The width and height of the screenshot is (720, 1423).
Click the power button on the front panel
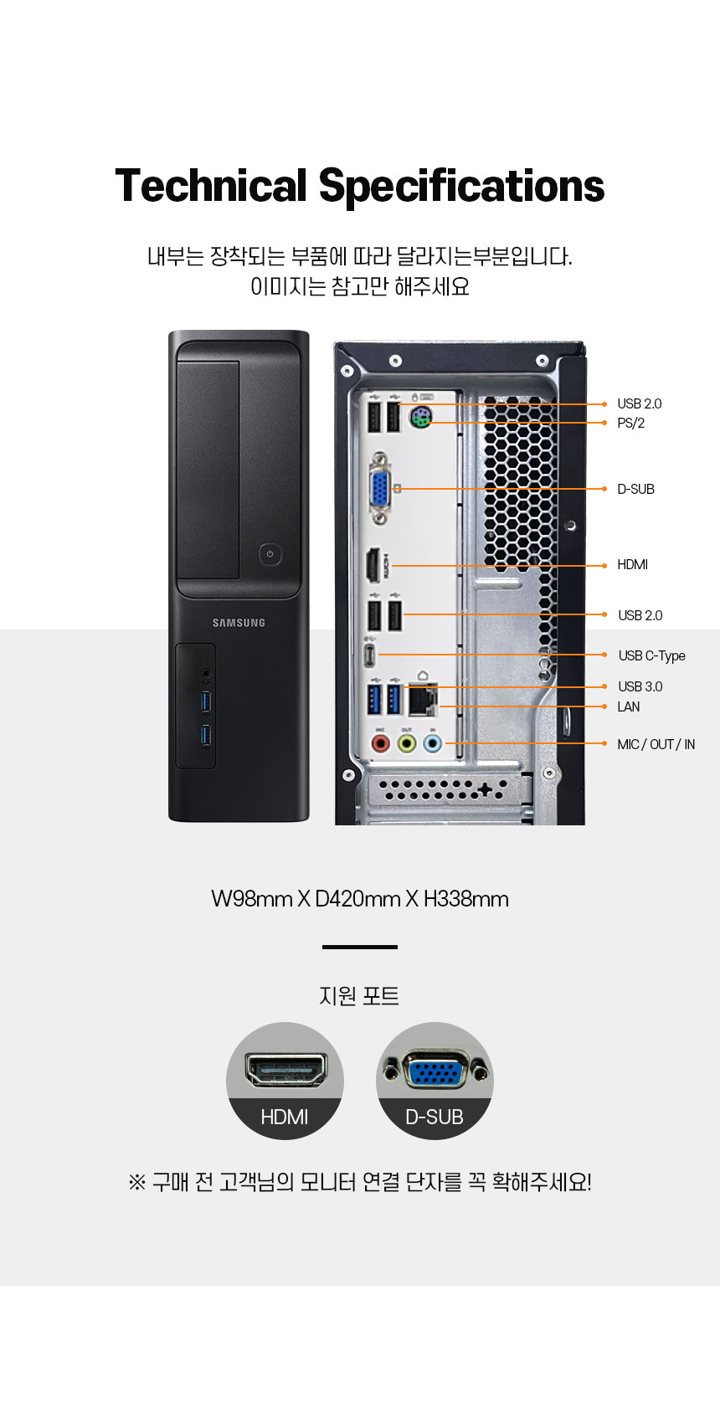270,554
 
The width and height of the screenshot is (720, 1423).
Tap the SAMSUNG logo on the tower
239,623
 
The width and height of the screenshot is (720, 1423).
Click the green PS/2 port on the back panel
420,418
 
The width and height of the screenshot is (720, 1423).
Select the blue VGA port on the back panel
380,489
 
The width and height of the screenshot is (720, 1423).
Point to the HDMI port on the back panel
373,565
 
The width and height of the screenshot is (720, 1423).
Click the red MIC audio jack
380,743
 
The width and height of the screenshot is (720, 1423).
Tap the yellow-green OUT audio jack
407,743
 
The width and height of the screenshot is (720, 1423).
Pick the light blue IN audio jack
433,743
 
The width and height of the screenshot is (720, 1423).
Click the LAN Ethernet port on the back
422,699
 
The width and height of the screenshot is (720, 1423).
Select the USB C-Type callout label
651,655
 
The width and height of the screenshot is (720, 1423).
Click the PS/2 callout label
630,423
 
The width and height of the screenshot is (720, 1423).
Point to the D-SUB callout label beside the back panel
635,489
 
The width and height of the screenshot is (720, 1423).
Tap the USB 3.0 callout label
640,686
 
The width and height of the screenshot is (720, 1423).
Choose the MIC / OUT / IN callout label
656,744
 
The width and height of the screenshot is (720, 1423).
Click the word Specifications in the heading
461,186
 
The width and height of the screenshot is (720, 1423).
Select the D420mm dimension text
357,899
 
